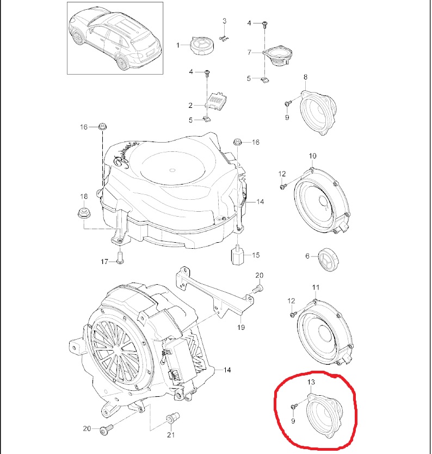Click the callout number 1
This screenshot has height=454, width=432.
[x=178, y=45]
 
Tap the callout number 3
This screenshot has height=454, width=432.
[x=225, y=21]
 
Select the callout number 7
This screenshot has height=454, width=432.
[x=249, y=52]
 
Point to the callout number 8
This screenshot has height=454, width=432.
[x=306, y=77]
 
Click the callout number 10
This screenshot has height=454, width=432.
[x=312, y=156]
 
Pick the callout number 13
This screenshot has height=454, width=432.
[x=311, y=382]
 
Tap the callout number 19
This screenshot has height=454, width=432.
[x=241, y=327]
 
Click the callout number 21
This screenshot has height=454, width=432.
[x=171, y=435]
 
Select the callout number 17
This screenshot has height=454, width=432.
[x=104, y=262]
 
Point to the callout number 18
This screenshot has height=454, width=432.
[x=84, y=197]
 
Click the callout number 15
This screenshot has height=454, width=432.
[x=256, y=255]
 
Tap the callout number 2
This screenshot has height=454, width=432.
[x=190, y=106]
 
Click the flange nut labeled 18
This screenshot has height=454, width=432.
[x=84, y=214]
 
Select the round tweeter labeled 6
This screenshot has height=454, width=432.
[x=328, y=259]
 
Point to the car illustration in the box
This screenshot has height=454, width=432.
[x=115, y=38]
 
